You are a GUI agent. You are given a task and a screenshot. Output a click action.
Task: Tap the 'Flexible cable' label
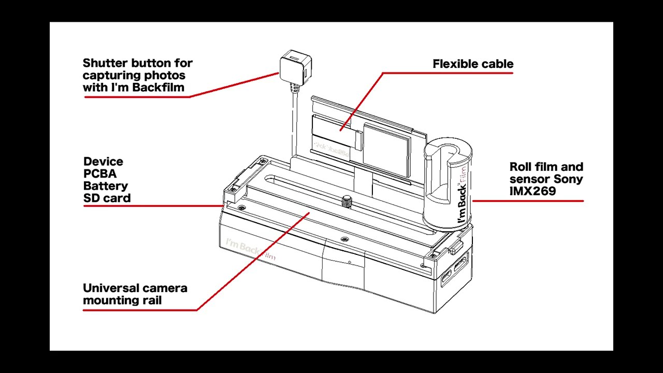(473, 64)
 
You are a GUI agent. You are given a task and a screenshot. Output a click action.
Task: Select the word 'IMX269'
(532, 191)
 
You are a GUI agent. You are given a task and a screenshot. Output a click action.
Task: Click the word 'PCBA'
(100, 174)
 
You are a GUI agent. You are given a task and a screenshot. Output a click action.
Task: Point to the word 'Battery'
(106, 186)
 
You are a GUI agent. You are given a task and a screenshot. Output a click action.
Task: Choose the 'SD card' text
(107, 198)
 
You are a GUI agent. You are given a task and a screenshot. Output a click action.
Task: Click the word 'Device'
(103, 162)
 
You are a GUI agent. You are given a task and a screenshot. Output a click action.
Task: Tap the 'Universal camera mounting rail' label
(135, 294)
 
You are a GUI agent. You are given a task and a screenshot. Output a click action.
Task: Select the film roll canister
(448, 183)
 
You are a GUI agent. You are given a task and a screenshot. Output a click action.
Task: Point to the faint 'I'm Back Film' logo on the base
(250, 249)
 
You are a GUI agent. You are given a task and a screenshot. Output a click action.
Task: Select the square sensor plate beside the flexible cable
(387, 150)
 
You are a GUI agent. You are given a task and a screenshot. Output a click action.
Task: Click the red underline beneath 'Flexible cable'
(448, 73)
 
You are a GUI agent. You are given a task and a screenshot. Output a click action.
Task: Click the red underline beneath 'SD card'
(153, 206)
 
